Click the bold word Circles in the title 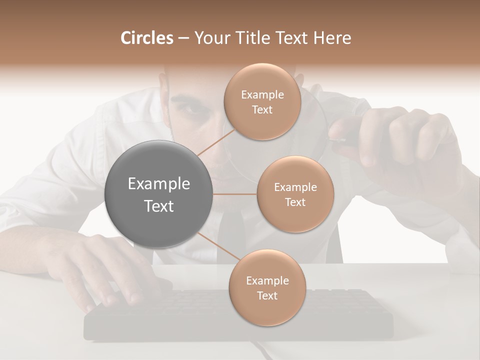click(146, 38)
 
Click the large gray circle click(159, 194)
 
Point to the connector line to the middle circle click(235, 194)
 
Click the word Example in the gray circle click(159, 184)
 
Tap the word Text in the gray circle click(159, 206)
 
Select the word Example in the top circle click(262, 95)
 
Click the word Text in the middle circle click(295, 202)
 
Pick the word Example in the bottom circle click(267, 281)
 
